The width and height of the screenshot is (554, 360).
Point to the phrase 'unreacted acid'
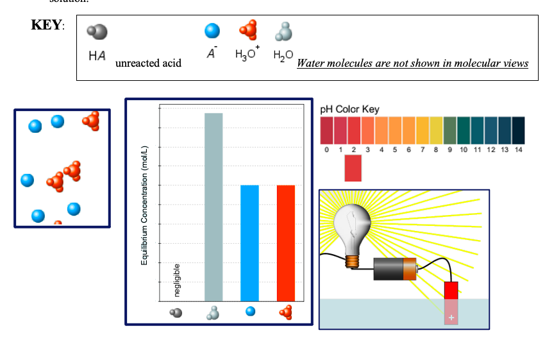point(148,63)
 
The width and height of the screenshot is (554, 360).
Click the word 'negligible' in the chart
point(178,280)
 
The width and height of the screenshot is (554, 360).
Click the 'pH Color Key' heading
point(349,109)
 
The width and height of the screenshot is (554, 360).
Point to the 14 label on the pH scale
point(519,150)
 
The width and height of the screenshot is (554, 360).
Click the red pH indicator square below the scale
point(353,168)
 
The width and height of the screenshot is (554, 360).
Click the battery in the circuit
point(395,268)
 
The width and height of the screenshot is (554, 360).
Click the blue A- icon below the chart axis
point(250,312)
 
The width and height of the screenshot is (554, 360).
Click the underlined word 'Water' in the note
point(312,63)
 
